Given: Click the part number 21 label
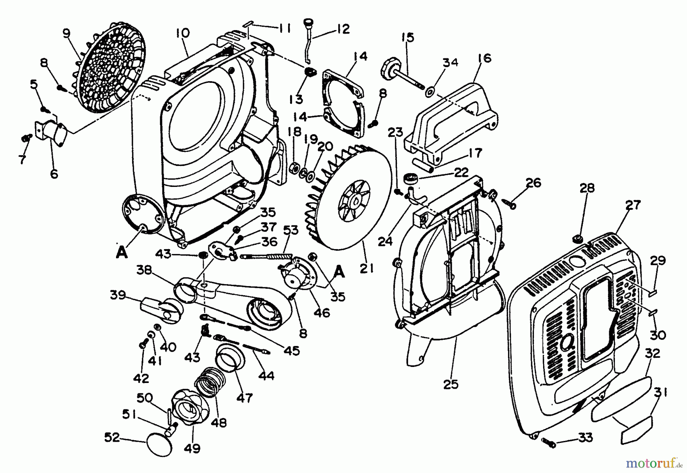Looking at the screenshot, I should (367, 269).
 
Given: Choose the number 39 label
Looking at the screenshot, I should (118, 295).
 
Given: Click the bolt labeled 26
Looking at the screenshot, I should (510, 203).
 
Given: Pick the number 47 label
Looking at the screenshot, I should (244, 398).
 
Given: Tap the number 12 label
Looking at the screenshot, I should (343, 29).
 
